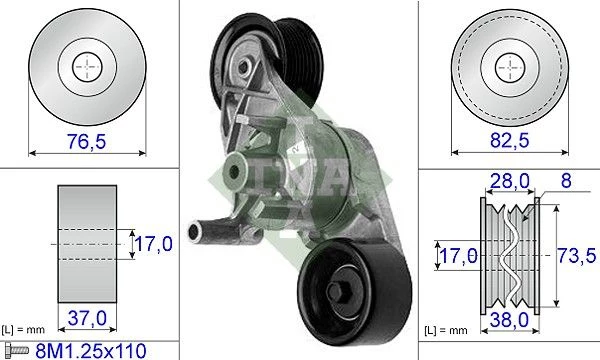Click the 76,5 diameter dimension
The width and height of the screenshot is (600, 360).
tap(86, 141)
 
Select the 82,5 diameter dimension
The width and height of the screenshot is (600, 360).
tap(510, 140)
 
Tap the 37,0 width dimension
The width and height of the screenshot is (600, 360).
tap(87, 318)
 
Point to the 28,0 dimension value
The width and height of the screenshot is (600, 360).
tap(510, 181)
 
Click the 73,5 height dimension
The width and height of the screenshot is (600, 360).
tap(576, 255)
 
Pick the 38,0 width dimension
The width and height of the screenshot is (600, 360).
tap(509, 320)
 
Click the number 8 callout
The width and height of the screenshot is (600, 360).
tap(566, 180)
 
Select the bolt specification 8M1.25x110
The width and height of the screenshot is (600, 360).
tap(91, 351)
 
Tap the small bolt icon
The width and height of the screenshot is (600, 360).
tap(16, 350)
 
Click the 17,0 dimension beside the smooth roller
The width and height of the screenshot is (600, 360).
tap(153, 244)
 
